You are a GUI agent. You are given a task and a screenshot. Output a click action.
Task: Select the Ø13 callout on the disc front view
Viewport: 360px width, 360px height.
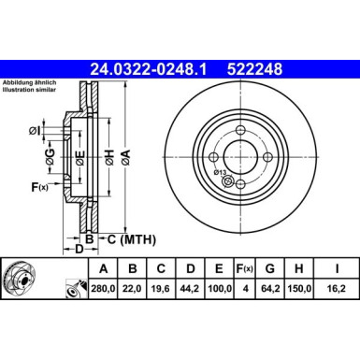[x=221, y=172]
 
